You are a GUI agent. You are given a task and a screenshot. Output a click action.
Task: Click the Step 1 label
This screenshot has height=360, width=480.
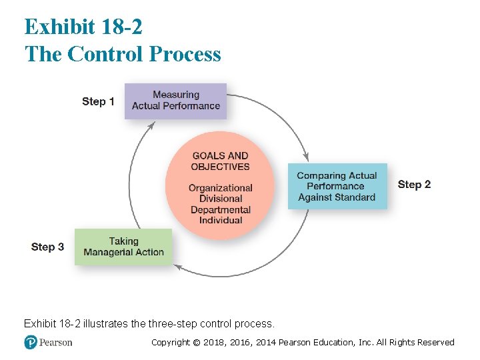pos(98,101)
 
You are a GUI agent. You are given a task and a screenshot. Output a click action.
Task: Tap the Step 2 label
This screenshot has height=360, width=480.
pos(414,184)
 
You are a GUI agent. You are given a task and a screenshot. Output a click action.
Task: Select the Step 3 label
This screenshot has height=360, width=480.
pos(47,247)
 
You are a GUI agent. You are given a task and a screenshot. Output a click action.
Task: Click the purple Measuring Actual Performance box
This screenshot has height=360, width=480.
pos(175,101)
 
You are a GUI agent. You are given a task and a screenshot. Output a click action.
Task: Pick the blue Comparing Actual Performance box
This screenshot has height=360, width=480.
pos(337,187)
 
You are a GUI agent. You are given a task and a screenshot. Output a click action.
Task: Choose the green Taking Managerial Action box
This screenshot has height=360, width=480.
pos(123,247)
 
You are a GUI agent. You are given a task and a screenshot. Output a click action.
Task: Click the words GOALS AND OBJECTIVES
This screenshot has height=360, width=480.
pos(220,161)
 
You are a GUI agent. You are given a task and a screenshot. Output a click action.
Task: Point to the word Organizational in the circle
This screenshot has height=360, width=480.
pos(220,188)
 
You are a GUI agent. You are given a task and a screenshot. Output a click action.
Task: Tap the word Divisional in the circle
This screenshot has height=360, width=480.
pos(220,199)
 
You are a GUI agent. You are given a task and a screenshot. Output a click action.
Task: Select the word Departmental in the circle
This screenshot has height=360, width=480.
pos(220,209)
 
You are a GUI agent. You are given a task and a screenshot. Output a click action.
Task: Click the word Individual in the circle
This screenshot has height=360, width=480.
pos(220,220)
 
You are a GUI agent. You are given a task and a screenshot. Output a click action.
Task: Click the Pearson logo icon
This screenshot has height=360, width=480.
pos(31,342)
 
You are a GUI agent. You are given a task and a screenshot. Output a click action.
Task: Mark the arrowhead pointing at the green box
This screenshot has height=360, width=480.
pos(178,266)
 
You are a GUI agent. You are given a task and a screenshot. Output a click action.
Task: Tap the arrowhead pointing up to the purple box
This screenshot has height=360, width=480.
pos(151,125)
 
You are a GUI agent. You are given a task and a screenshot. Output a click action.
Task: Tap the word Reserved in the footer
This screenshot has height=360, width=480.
pos(435,343)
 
